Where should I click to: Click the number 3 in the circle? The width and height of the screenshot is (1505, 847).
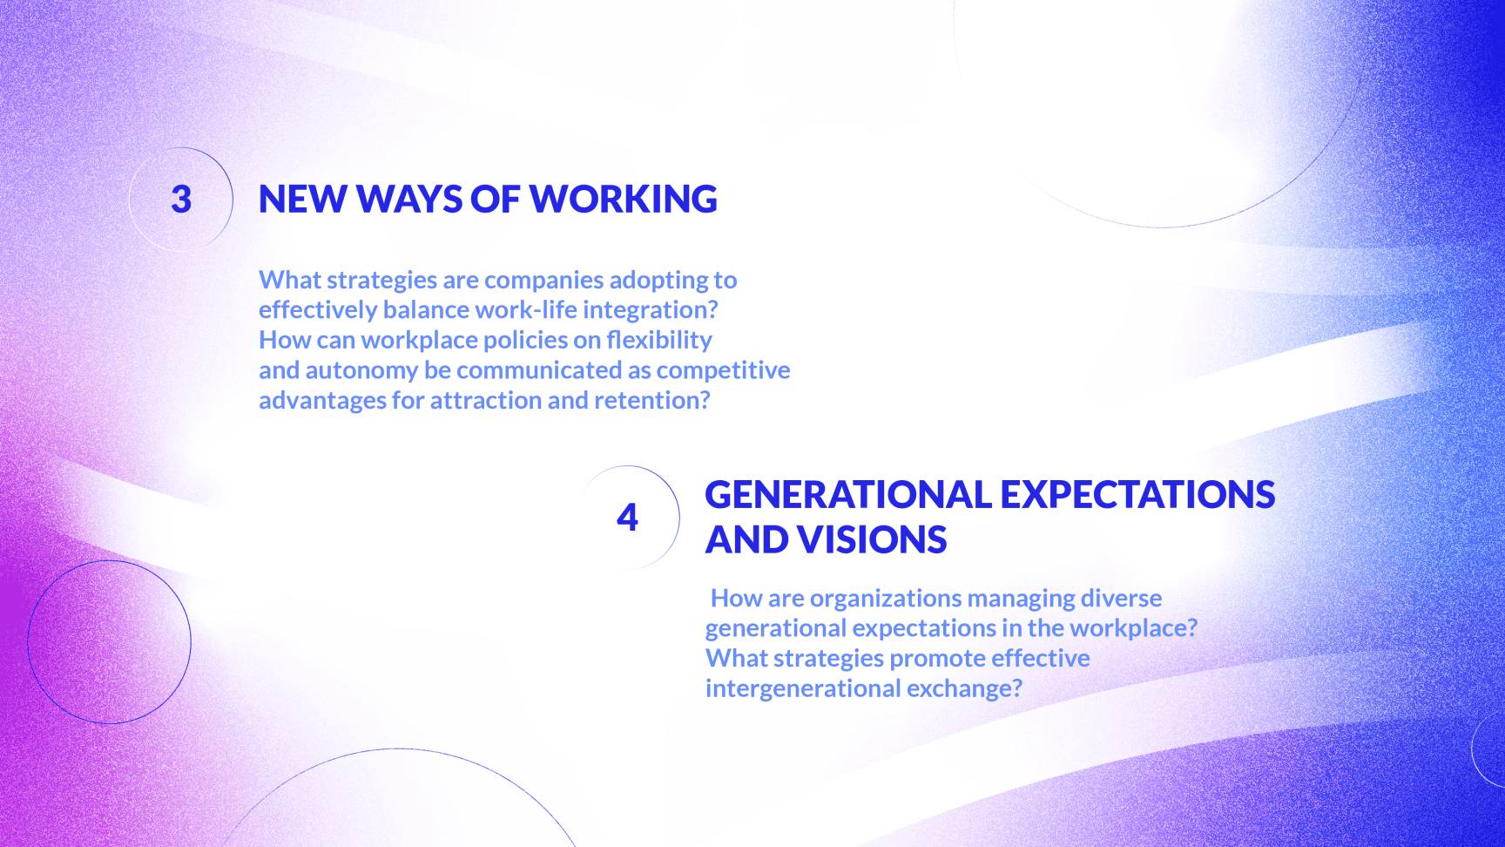181,200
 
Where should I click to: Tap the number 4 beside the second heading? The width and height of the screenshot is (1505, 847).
627,517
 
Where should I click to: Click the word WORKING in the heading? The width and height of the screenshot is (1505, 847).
624,200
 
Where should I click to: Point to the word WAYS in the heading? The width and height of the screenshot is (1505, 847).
409,200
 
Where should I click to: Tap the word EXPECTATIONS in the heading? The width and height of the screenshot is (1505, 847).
1138,494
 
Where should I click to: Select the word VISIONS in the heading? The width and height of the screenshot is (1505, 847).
872,539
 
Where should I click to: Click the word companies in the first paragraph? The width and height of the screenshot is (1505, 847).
543,281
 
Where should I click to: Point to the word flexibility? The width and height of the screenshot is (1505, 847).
659,340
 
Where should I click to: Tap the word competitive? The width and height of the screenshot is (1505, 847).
723,370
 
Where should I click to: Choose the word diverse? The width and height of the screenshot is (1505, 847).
1121,598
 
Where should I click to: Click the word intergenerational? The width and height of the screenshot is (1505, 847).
802,688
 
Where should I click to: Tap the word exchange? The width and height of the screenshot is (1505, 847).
964,688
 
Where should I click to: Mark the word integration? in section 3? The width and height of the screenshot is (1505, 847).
651,310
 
